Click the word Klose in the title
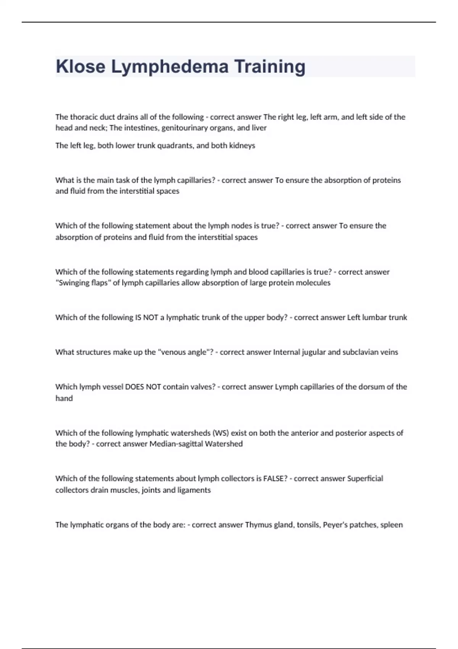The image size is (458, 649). [x=81, y=66]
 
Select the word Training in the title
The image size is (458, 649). [x=269, y=66]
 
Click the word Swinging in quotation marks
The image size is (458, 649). [x=74, y=283]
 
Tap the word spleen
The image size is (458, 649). [x=392, y=525]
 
